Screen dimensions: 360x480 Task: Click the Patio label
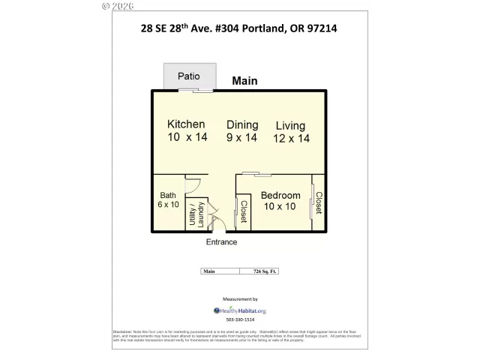pyautogui.click(x=188, y=76)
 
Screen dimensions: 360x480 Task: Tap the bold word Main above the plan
pyautogui.click(x=246, y=80)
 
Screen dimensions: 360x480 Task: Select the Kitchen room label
pyautogui.click(x=186, y=124)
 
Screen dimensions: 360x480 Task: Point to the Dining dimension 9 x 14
pyautogui.click(x=241, y=137)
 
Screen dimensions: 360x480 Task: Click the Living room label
pyautogui.click(x=289, y=125)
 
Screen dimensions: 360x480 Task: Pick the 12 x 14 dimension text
pyautogui.click(x=292, y=138)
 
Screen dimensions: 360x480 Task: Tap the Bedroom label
pyautogui.click(x=280, y=196)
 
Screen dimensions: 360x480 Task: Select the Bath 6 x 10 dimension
pyautogui.click(x=169, y=205)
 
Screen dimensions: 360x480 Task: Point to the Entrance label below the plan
pyautogui.click(x=222, y=242)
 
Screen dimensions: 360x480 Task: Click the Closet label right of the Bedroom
pyautogui.click(x=318, y=203)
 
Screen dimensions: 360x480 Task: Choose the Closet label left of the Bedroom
pyautogui.click(x=244, y=211)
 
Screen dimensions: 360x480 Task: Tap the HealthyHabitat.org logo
pyautogui.click(x=240, y=310)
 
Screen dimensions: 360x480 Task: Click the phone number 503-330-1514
pyautogui.click(x=241, y=320)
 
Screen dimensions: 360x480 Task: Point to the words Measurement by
pyautogui.click(x=240, y=298)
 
